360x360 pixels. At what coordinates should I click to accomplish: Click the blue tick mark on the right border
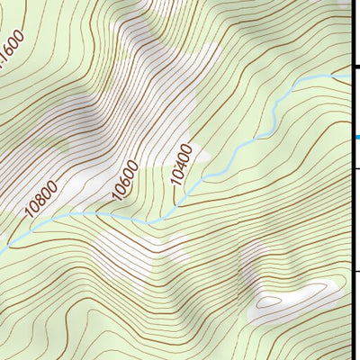[357, 138]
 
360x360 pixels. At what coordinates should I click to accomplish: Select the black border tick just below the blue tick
[356, 168]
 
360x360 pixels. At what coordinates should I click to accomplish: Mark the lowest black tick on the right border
[356, 269]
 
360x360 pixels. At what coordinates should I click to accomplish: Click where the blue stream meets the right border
[349, 76]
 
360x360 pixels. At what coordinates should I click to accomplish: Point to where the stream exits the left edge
[3, 246]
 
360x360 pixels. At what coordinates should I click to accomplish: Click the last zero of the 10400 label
[188, 148]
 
